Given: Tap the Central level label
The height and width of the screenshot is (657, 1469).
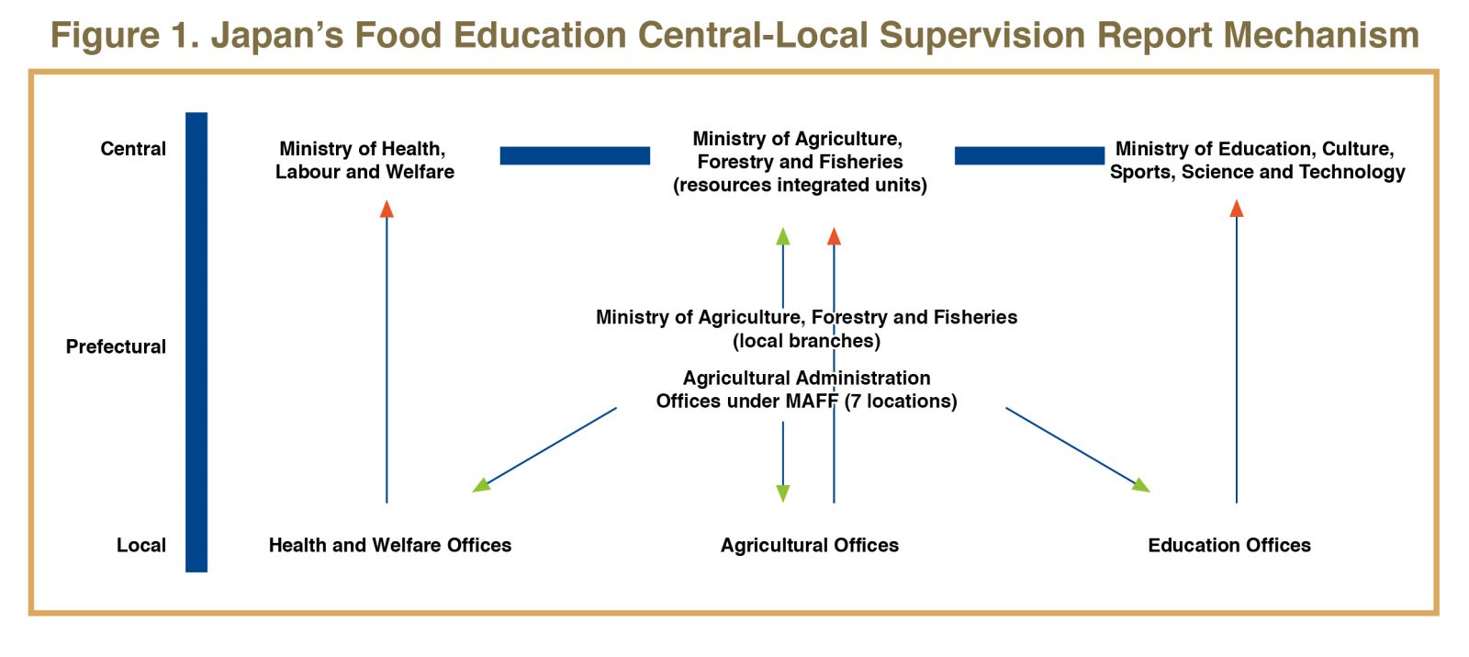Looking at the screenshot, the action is (133, 149).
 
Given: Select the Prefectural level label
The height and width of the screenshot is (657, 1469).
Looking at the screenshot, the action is (116, 346).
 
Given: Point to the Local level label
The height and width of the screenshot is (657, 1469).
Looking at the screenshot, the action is (141, 545).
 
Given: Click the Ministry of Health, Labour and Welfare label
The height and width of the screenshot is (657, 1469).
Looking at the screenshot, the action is (364, 160).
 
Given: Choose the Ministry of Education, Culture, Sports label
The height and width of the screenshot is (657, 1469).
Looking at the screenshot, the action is (1257, 160).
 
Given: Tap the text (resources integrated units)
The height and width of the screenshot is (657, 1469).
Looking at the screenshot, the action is (800, 185).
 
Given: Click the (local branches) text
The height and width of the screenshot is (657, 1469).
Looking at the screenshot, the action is (807, 341).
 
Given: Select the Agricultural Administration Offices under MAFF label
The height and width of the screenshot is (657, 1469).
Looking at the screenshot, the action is (807, 390).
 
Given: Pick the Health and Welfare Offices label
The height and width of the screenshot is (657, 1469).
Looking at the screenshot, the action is (390, 545).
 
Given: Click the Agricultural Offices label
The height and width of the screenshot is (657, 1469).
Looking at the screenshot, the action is (809, 545).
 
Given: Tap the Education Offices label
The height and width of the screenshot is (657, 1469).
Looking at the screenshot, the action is (1229, 545).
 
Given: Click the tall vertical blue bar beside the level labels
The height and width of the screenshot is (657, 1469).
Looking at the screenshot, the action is (196, 342).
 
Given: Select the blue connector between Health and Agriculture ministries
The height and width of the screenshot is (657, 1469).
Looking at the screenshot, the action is (575, 155).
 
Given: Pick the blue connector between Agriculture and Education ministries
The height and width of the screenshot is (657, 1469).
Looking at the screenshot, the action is (1029, 155).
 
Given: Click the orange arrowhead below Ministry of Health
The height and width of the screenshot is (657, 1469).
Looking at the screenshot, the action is (387, 210).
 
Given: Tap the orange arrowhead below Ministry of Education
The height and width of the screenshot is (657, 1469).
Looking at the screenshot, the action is (1237, 209).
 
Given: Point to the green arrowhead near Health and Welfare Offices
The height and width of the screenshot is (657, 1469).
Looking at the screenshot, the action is (481, 485).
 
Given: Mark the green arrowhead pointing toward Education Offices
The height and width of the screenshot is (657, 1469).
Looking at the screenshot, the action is (1140, 485).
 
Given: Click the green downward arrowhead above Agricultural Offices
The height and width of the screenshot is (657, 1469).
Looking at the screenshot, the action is (783, 493).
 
